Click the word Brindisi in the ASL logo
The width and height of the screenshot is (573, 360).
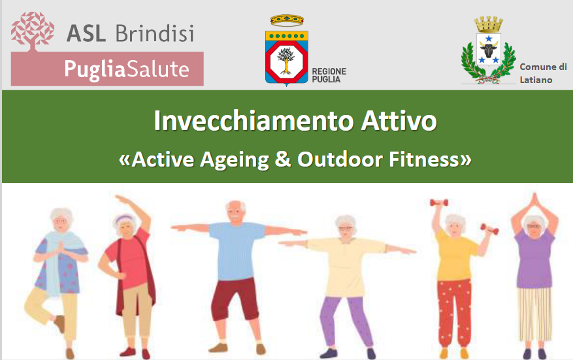point(155,33)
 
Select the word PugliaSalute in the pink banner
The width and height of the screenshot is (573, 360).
point(127,69)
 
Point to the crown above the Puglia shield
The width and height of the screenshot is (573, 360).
point(287,20)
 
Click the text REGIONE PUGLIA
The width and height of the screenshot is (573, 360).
point(329,75)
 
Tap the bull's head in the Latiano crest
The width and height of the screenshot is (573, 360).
point(489,48)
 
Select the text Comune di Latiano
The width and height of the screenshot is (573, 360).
point(543,73)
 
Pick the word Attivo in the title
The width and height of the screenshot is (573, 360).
point(399,121)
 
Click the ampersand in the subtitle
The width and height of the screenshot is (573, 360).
point(283,159)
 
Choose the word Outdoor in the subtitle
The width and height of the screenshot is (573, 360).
point(340,159)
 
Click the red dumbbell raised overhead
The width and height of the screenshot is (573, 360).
point(438,203)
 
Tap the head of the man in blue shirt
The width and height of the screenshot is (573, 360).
point(235,212)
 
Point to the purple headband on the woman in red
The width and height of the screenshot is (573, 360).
point(125,219)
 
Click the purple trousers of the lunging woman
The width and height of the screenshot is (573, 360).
point(346,319)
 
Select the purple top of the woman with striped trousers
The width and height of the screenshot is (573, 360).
point(534,257)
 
